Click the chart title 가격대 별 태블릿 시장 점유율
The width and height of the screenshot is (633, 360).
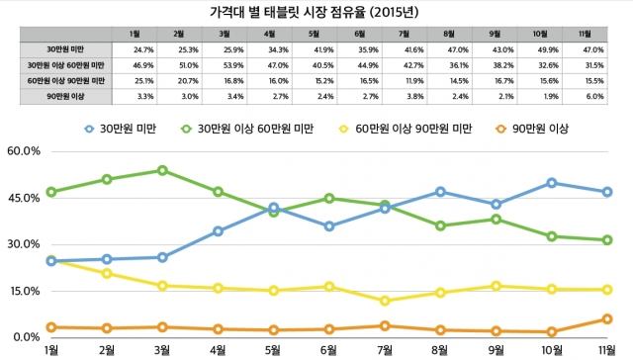tap(316, 13)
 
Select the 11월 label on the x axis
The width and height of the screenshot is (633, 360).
tap(605, 350)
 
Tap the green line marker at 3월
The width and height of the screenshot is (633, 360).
tap(162, 170)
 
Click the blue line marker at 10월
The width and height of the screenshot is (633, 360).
tap(552, 183)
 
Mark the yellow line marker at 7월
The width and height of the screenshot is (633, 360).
tap(386, 301)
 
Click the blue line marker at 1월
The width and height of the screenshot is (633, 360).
tap(50, 261)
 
